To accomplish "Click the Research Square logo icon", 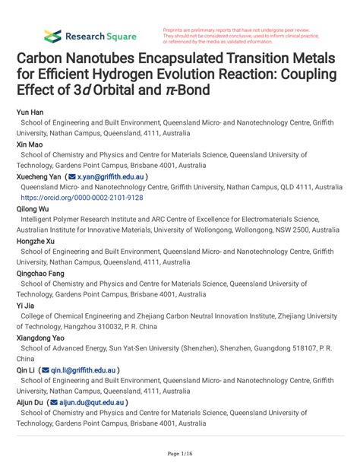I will coord(52,35).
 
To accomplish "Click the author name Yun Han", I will coord(31,111).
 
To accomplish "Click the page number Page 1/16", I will coord(179,454).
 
